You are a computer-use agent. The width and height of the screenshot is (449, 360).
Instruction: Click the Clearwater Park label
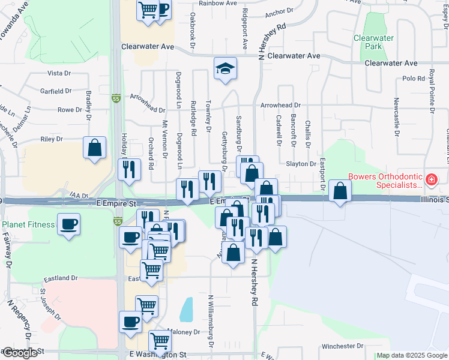click(373, 42)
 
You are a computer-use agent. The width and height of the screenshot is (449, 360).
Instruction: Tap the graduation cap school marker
click(225, 69)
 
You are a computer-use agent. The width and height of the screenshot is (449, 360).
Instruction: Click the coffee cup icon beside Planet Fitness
click(69, 226)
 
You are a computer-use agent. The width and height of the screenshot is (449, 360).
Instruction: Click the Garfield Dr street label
click(56, 92)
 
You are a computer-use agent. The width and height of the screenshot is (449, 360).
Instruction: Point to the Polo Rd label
click(414, 79)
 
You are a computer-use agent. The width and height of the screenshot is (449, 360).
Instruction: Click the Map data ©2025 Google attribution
click(412, 356)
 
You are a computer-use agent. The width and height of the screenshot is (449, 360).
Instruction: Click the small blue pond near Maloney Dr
click(187, 310)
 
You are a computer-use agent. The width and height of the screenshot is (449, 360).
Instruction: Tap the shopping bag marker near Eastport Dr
click(340, 192)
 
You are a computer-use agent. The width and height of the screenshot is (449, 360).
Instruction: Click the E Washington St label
click(158, 355)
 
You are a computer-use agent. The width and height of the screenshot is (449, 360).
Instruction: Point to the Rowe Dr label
click(70, 110)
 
